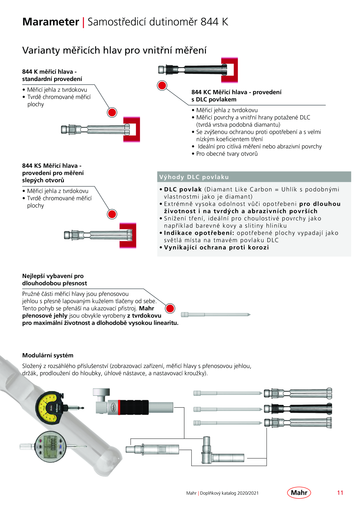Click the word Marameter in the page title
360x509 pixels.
[x=51, y=22]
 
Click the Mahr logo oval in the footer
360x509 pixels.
[x=299, y=492]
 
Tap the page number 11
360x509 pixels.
[x=340, y=493]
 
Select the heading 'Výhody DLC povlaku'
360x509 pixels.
[x=194, y=177]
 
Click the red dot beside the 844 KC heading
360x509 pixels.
[x=162, y=85]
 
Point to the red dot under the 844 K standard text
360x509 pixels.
[x=112, y=112]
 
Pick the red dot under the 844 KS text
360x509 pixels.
[x=112, y=214]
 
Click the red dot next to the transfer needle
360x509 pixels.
[x=170, y=308]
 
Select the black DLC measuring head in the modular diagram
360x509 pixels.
[x=298, y=409]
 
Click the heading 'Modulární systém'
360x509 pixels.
[x=48, y=355]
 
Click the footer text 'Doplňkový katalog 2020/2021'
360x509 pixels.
[x=229, y=493]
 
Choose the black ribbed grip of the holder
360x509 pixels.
[x=134, y=407]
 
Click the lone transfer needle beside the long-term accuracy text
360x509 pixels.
[x=216, y=315]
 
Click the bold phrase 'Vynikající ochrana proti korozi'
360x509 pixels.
[x=217, y=248]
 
